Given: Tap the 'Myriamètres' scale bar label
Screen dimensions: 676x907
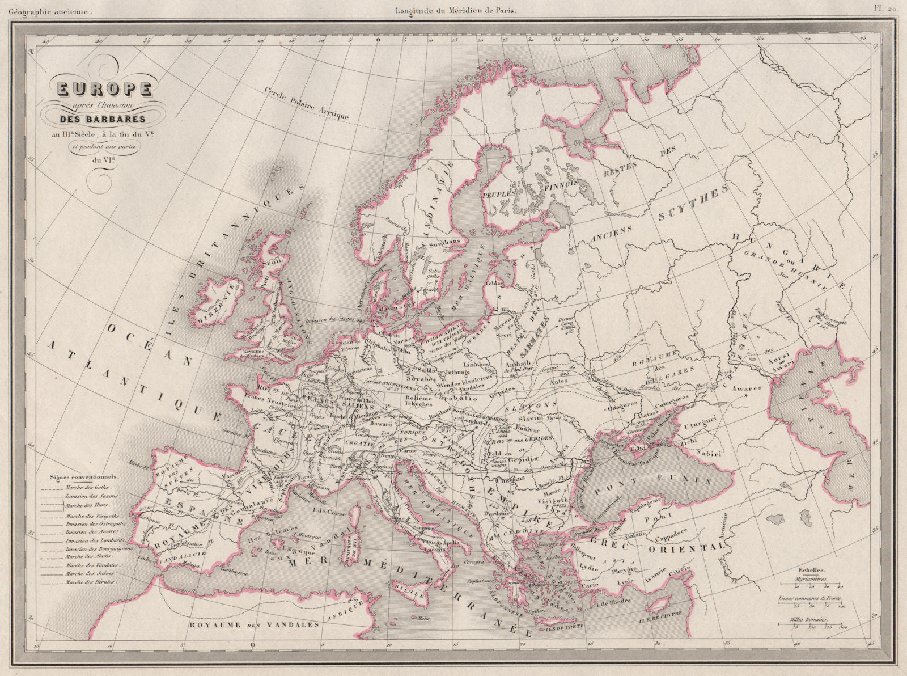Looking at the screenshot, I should pyautogui.click(x=808, y=580).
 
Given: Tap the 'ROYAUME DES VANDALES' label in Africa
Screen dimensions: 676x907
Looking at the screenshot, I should pyautogui.click(x=253, y=623).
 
